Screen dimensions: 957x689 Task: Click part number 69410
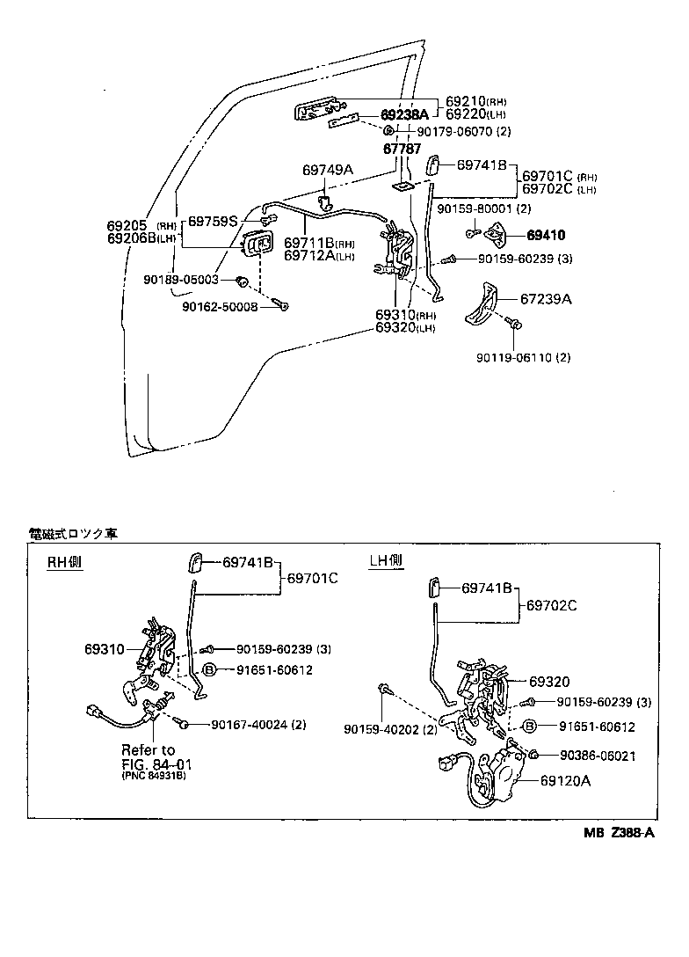tap(546, 236)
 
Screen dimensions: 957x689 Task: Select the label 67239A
tap(547, 300)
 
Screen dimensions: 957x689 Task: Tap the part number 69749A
tap(327, 170)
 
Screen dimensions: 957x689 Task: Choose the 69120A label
tap(566, 779)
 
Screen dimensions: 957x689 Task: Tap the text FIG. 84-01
tap(156, 763)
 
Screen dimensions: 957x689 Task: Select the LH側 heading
tap(385, 560)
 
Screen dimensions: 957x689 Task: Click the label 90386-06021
tap(597, 756)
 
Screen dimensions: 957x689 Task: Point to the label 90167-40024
tap(257, 725)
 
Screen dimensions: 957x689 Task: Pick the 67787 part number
tap(402, 150)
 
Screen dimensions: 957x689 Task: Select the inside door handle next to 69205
tap(258, 246)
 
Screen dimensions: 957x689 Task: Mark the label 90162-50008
tap(221, 306)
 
